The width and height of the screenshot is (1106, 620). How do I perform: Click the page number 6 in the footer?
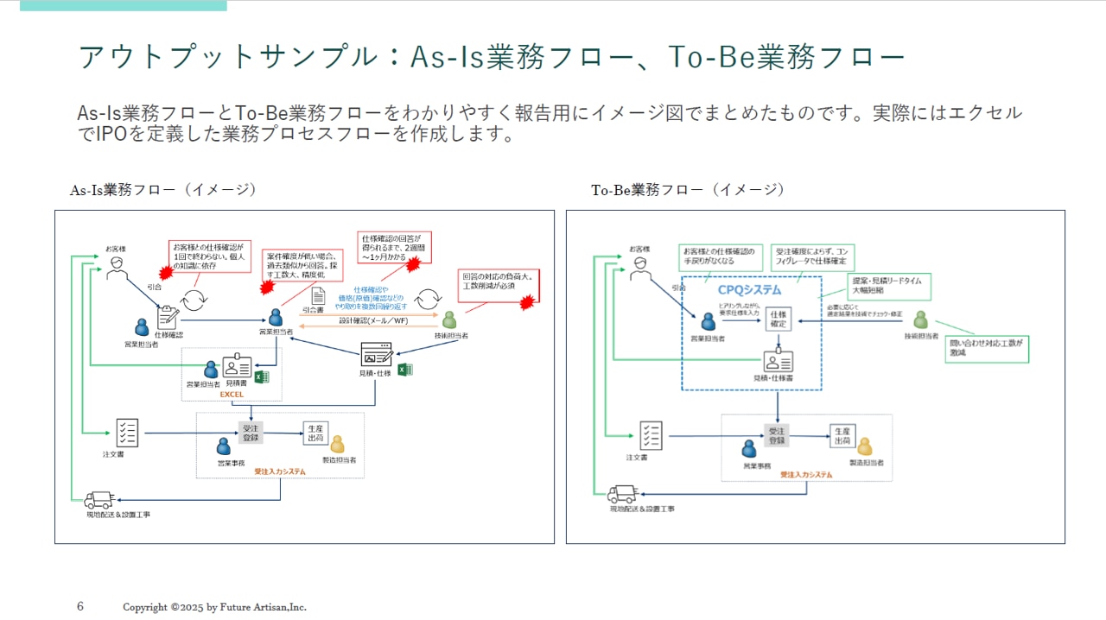click(x=80, y=606)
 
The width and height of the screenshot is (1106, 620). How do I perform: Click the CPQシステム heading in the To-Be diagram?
click(x=750, y=289)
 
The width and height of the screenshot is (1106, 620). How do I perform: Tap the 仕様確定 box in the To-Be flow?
click(x=779, y=319)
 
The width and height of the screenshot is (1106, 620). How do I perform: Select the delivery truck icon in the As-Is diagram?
click(x=99, y=500)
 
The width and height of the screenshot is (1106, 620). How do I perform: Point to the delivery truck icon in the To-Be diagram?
click(x=622, y=494)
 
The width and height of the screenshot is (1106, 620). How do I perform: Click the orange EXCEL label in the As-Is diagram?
click(x=232, y=394)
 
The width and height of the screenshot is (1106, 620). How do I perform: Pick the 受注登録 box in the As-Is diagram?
click(x=251, y=432)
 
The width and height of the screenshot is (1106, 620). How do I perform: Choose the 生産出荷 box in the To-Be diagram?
click(x=842, y=435)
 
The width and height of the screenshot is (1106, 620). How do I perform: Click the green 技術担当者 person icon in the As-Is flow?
click(x=449, y=319)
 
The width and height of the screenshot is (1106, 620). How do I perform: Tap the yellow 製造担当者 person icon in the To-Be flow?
click(x=864, y=446)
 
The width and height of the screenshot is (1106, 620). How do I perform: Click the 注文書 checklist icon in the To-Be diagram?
click(x=652, y=435)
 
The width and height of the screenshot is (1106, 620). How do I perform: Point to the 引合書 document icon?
click(x=318, y=296)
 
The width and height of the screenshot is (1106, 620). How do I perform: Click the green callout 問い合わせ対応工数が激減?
click(x=986, y=349)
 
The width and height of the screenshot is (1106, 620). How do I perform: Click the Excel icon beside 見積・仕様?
click(x=404, y=370)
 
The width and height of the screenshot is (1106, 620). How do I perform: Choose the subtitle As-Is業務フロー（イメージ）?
click(x=163, y=190)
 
